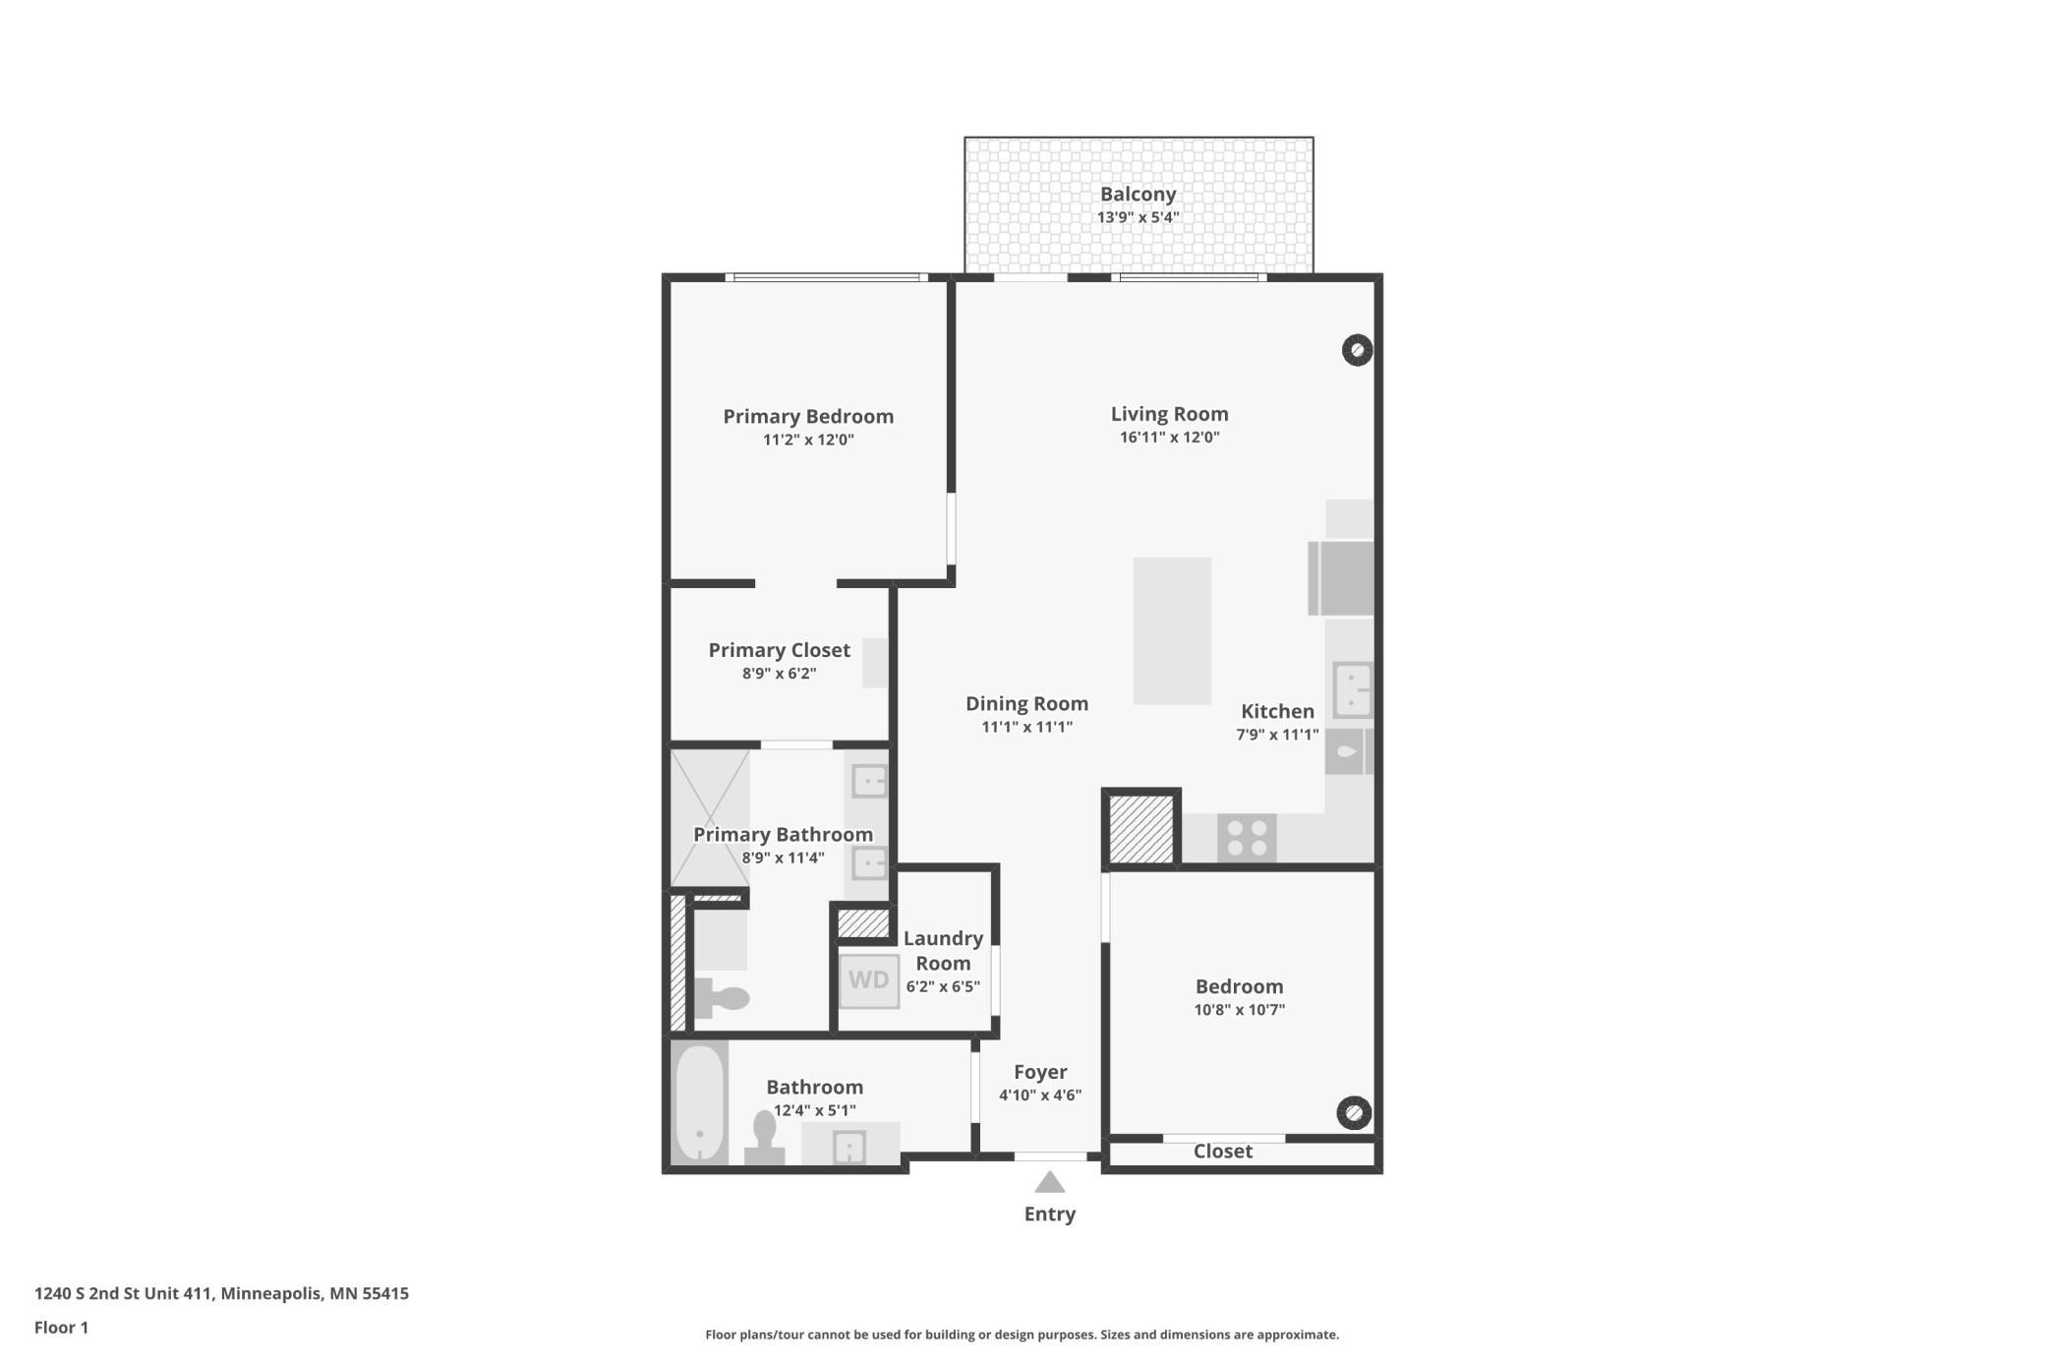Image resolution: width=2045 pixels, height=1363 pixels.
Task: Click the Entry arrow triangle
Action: [x=1050, y=1181]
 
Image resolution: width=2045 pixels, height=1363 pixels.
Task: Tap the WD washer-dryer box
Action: [x=869, y=980]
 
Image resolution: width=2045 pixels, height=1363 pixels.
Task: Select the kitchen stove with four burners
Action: [x=1247, y=838]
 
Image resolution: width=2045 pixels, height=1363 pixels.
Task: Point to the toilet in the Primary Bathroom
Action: [x=722, y=998]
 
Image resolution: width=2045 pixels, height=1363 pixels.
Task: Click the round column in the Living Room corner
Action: [x=1357, y=350]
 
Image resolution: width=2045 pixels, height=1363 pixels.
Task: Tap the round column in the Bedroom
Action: [x=1354, y=1112]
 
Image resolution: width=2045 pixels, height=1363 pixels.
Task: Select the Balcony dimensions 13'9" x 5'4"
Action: [x=1139, y=217]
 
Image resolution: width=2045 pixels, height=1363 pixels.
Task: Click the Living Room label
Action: [x=1170, y=414]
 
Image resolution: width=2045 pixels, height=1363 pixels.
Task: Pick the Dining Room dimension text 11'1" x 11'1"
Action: [x=1027, y=727]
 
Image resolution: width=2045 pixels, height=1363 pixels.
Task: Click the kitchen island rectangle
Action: [x=1172, y=630]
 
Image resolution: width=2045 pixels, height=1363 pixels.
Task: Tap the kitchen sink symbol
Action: [x=1352, y=689]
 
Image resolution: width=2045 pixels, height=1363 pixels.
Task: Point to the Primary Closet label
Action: [x=780, y=650]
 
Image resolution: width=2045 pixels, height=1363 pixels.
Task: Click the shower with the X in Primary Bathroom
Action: [x=710, y=818]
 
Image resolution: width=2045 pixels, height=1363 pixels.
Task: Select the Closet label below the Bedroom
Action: [x=1223, y=1152]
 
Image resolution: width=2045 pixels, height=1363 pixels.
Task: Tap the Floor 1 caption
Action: [x=61, y=1328]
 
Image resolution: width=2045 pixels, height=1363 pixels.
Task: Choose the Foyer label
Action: [x=1040, y=1072]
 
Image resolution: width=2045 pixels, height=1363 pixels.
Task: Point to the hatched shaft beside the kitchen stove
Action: [x=1141, y=829]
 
